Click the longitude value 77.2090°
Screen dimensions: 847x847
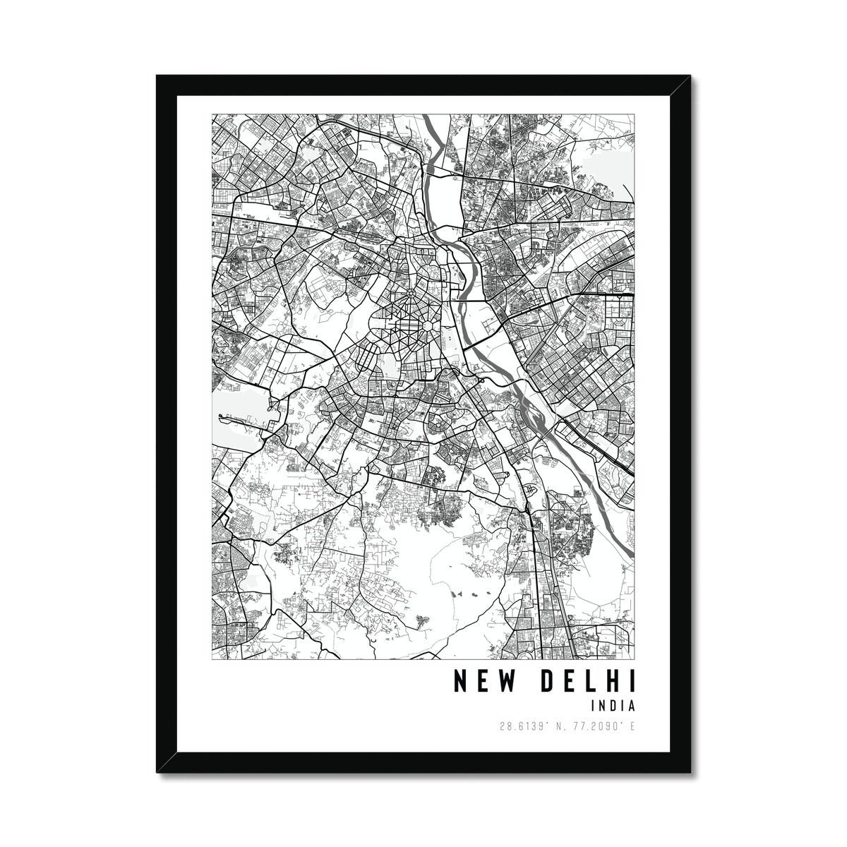tap(593, 726)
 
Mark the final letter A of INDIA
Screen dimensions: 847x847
tap(632, 705)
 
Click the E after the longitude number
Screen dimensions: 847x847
tap(632, 726)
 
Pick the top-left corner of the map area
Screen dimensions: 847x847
tap(212, 114)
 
